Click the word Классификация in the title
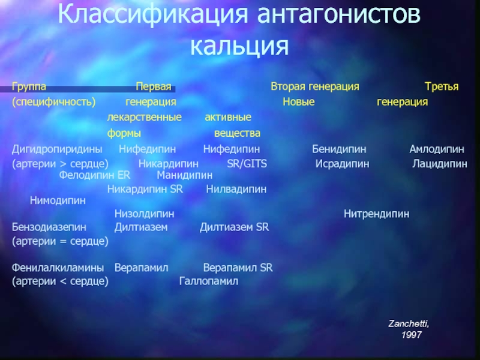point(152,14)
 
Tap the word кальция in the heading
point(239,46)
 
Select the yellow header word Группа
point(29,86)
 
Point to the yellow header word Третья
point(442,86)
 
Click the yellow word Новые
point(298,101)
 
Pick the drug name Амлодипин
point(437,149)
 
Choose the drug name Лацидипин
point(440,164)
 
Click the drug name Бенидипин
point(339,149)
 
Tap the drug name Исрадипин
point(342,164)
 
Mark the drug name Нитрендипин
point(376,214)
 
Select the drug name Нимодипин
point(58,201)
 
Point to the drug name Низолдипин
point(144,214)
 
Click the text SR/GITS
point(247,164)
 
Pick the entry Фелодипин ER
point(95,175)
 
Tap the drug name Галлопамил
point(208,281)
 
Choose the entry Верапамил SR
point(238,268)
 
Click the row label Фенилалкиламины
point(58,268)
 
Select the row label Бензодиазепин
point(49,227)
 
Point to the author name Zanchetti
point(409,323)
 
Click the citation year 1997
point(412,335)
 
